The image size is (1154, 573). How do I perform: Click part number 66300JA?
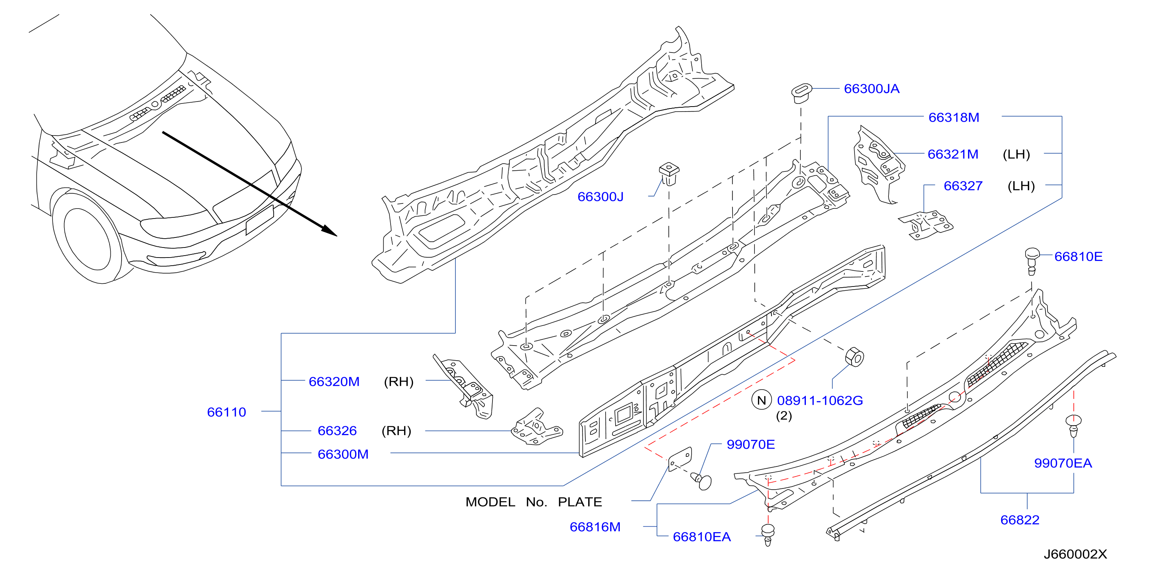click(871, 89)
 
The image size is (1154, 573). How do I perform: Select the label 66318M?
click(954, 117)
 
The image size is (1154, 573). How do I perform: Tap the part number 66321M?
click(953, 154)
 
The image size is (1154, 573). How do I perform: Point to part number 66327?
click(963, 186)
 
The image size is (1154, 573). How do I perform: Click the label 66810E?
click(1078, 257)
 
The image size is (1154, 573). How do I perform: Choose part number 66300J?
click(600, 197)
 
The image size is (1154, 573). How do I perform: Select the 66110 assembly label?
click(227, 412)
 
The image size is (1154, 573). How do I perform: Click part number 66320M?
click(334, 382)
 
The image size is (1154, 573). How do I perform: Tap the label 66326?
click(337, 431)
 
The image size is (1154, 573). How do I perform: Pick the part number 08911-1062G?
click(820, 400)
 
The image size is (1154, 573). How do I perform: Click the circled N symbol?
click(761, 400)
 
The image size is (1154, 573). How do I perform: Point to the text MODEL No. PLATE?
click(533, 502)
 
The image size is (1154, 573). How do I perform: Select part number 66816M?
click(595, 527)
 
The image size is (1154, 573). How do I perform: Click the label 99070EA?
click(1063, 463)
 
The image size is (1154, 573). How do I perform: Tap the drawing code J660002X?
click(1075, 554)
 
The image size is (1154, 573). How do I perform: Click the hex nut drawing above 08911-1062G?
click(854, 357)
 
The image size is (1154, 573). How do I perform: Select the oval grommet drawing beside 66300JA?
click(802, 92)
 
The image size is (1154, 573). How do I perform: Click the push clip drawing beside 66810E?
click(1032, 261)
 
